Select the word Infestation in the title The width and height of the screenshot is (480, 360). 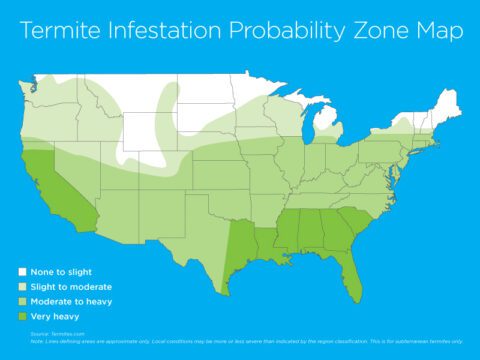[x=161, y=32]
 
